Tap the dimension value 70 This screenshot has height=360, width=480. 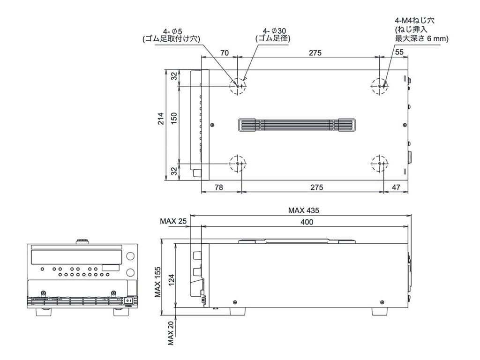(x=225, y=53)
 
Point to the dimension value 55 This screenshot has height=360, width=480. (x=399, y=53)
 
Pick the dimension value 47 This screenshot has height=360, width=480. (x=396, y=187)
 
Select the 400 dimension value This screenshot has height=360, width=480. (x=307, y=222)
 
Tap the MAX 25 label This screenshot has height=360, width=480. (x=173, y=220)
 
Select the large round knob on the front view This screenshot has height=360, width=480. (x=129, y=256)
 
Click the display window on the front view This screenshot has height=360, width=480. (x=75, y=256)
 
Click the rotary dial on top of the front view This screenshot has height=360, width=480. (x=82, y=241)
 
